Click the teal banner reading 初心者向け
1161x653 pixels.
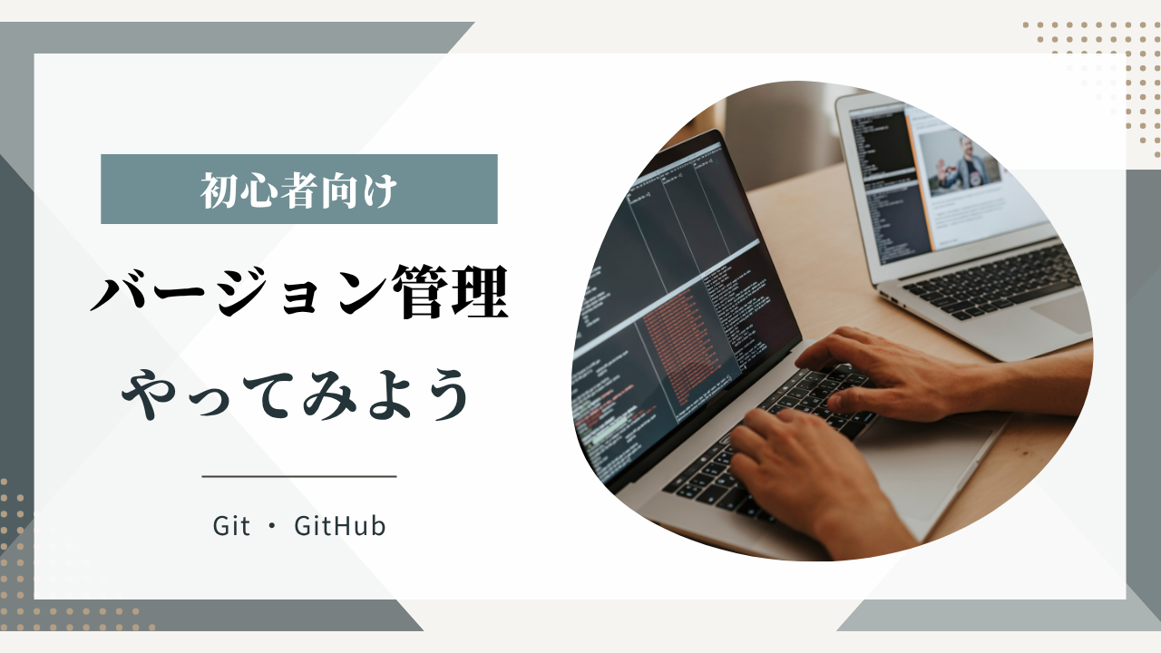click(299, 190)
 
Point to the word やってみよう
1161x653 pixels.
click(296, 395)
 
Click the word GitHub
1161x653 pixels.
click(340, 526)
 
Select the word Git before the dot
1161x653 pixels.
click(231, 526)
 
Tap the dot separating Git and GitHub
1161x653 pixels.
click(273, 527)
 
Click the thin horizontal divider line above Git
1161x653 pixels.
click(299, 476)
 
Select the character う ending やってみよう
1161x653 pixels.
click(444, 395)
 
